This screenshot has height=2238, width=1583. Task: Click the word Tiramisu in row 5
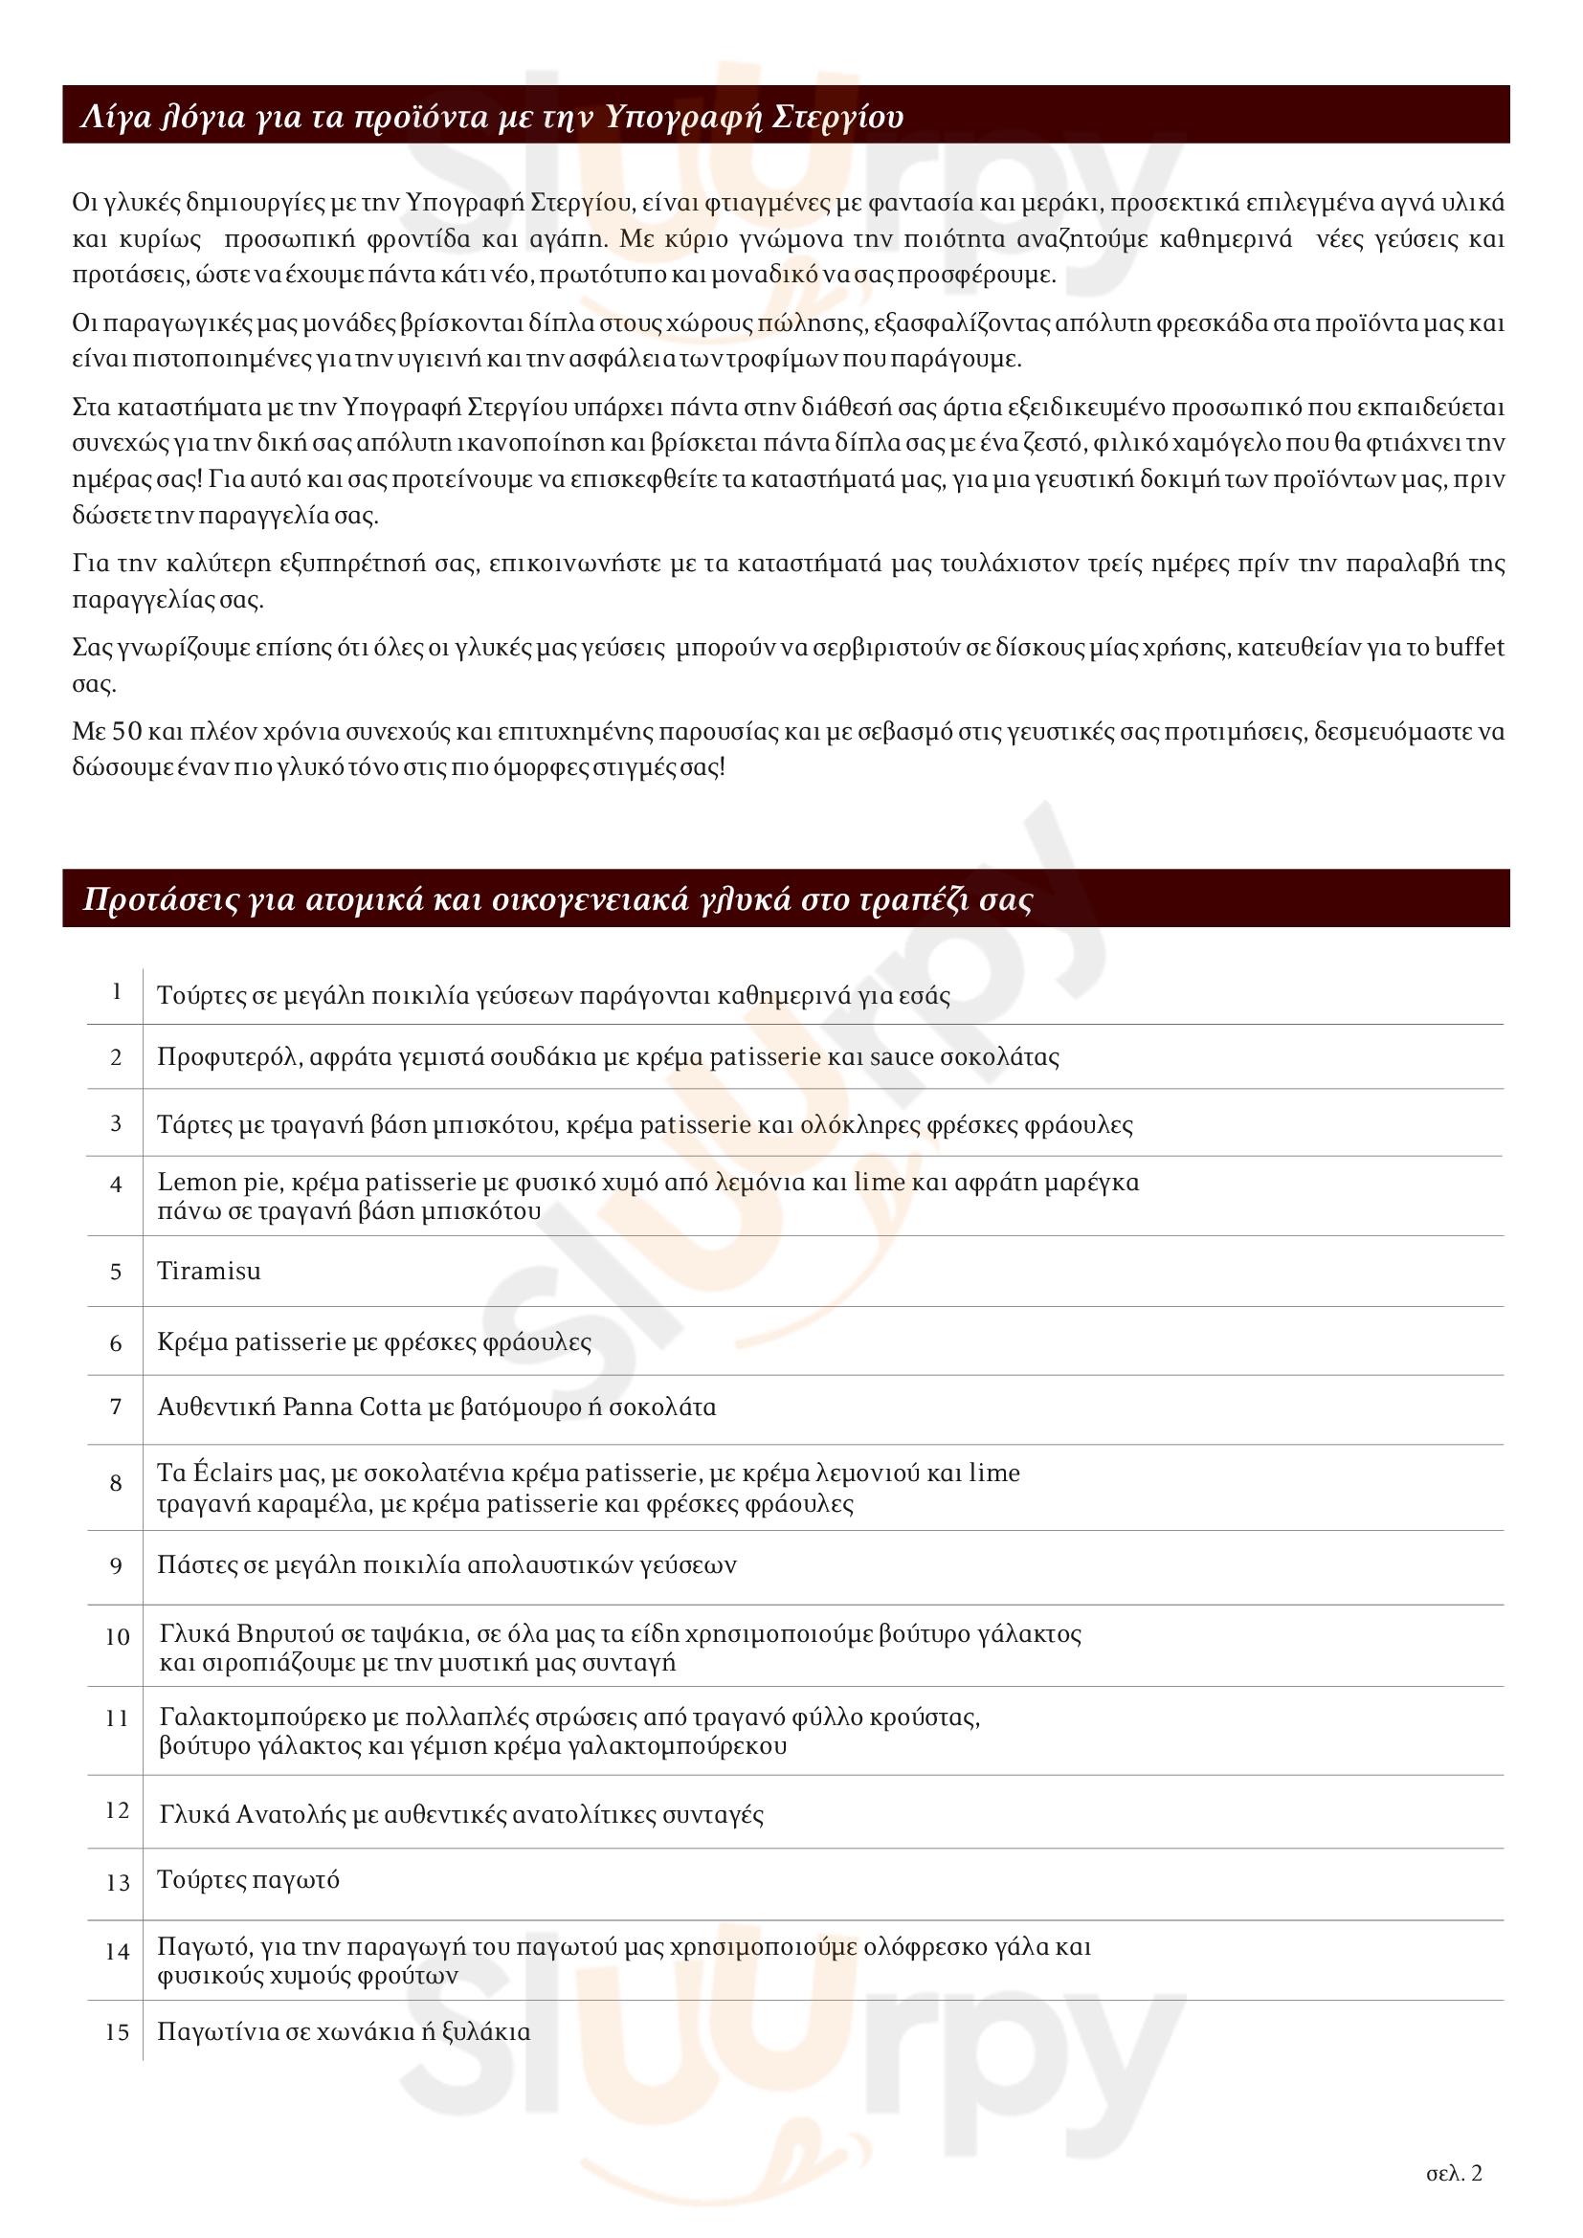[x=209, y=1271]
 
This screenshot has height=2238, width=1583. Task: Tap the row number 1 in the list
[x=117, y=991]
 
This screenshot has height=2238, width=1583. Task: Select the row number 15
[x=117, y=2032]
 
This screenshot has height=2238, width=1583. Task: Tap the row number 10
[x=117, y=1636]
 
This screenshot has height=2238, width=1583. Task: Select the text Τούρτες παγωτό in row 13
[x=249, y=1880]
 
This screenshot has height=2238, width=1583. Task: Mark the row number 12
[x=117, y=1810]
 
